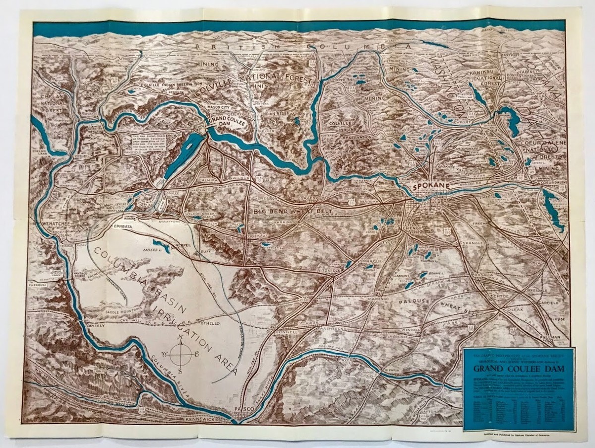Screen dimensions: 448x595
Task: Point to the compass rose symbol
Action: (x=181, y=354)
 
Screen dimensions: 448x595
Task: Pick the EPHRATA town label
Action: (x=124, y=225)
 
